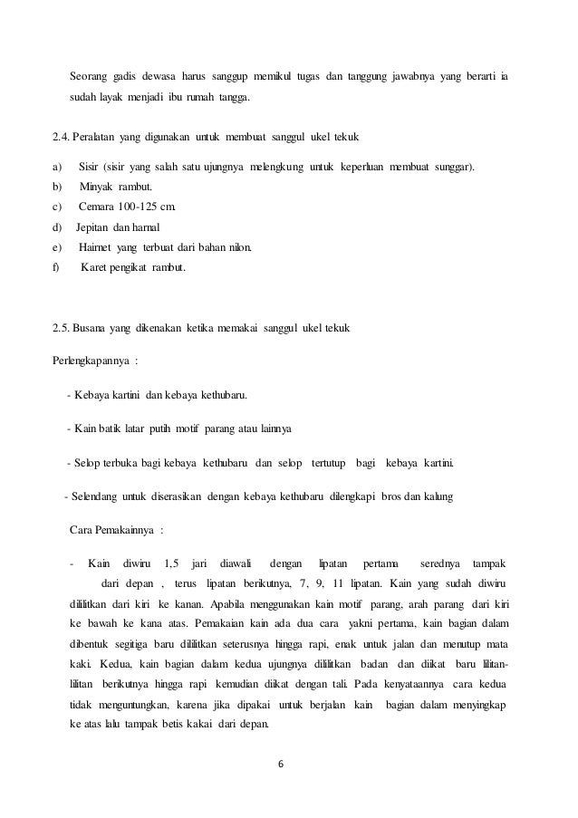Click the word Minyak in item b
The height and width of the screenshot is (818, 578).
click(98, 188)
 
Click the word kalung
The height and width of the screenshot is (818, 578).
click(441, 496)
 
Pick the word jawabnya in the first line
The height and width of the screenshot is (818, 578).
click(419, 75)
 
